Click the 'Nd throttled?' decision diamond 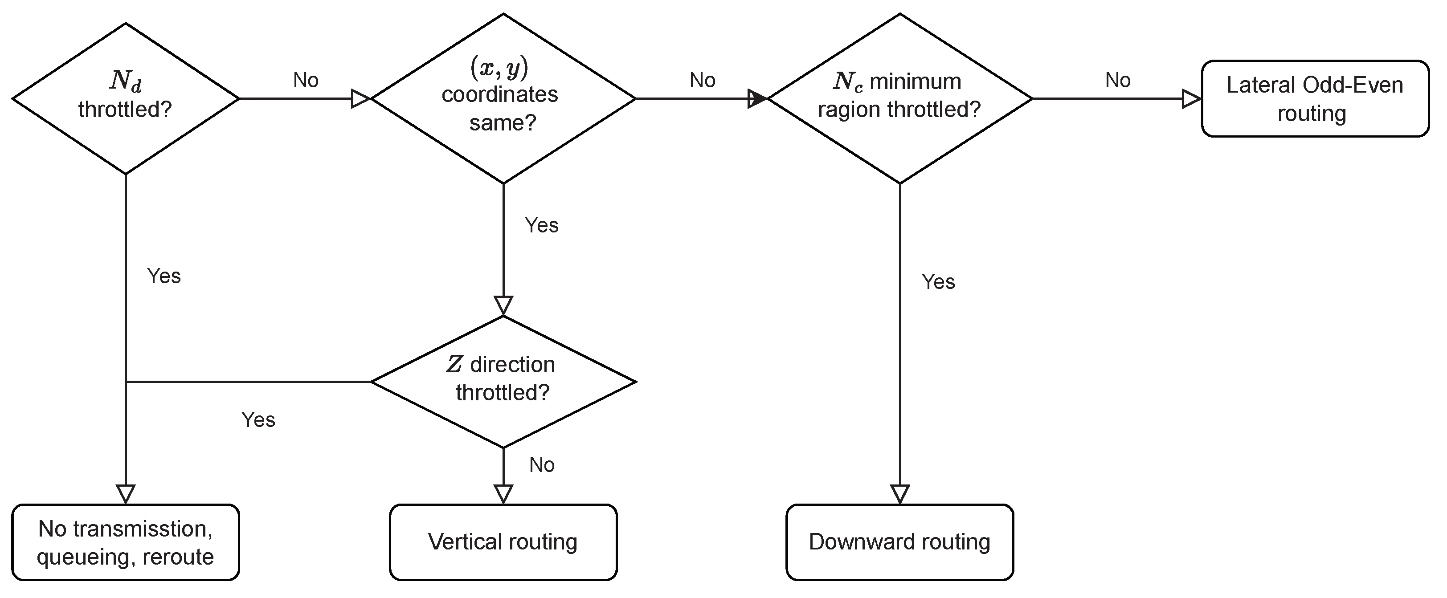tap(125, 99)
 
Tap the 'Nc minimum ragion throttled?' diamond tap(899, 99)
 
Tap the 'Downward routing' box tap(899, 542)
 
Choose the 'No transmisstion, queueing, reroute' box tap(125, 542)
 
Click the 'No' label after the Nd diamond tap(306, 80)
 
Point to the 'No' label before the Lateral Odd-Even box tap(1117, 80)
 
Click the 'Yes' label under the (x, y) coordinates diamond tap(541, 225)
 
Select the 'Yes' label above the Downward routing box tap(938, 282)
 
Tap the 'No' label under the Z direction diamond tap(541, 465)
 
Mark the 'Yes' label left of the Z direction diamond tap(258, 420)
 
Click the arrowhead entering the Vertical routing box tap(503, 494)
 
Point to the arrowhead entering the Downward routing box tap(900, 494)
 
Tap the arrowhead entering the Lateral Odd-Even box tap(1191, 99)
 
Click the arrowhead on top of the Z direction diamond tap(503, 305)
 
